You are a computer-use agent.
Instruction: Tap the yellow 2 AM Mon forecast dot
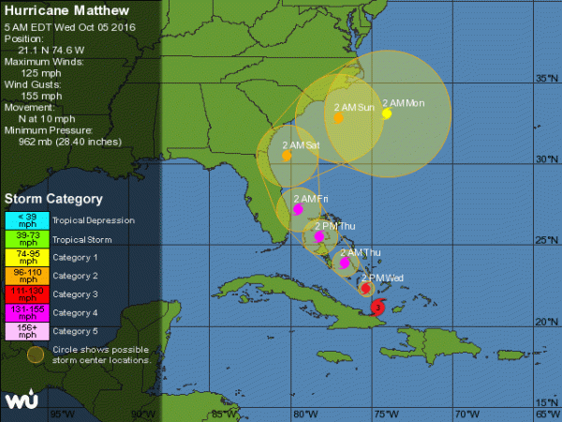coord(386,113)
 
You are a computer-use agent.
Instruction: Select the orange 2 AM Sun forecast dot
coord(338,118)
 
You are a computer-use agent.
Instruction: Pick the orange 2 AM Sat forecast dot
coord(287,155)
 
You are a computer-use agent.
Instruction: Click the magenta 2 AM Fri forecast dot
coord(298,209)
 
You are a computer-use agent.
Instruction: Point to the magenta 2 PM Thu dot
coord(319,237)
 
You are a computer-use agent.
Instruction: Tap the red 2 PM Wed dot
coord(366,288)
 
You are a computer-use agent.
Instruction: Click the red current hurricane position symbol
coord(377,307)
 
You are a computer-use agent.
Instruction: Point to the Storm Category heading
coord(53,199)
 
